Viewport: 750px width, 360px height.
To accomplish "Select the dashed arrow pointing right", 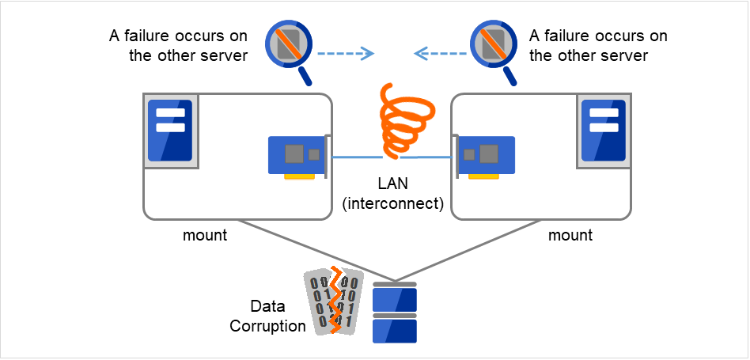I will [x=345, y=54].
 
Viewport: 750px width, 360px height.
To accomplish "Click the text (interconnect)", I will [x=392, y=205].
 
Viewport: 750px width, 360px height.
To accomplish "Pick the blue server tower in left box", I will [x=170, y=130].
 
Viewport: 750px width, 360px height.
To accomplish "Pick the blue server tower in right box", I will [x=604, y=130].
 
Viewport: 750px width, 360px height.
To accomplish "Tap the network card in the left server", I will [x=297, y=155].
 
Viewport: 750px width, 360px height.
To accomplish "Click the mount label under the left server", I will [x=205, y=235].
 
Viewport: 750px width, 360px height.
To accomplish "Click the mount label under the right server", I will [x=570, y=235].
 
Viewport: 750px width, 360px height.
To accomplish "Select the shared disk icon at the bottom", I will [x=394, y=312].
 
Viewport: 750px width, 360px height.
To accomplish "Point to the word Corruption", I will [x=267, y=325].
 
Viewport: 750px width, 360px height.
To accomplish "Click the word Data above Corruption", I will [x=267, y=306].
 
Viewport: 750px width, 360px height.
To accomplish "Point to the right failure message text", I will [x=598, y=46].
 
